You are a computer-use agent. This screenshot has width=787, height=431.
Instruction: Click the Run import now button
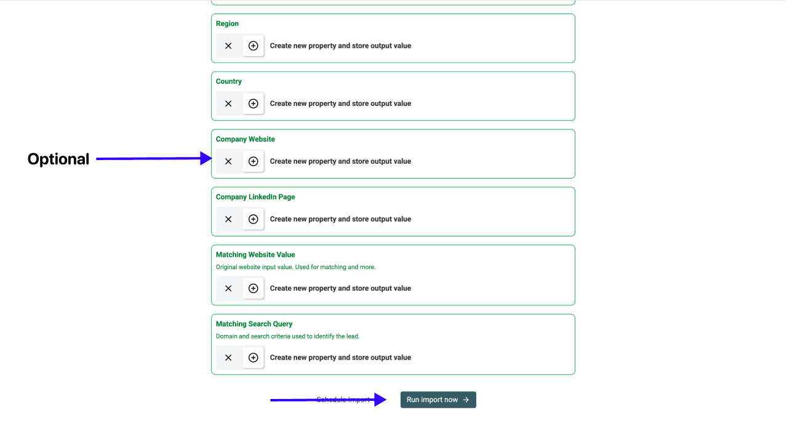coord(438,400)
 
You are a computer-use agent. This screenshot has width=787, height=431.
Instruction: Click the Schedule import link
coord(343,400)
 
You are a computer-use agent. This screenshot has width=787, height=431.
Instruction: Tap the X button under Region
coord(228,46)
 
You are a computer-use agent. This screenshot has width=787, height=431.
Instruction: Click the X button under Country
coord(228,103)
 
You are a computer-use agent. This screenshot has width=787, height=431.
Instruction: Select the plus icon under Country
coord(253,103)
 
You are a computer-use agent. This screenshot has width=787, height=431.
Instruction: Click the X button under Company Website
coord(228,161)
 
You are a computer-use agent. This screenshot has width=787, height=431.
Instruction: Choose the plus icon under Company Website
coord(253,161)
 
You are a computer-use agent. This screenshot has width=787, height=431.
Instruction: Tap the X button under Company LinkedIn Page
coord(228,219)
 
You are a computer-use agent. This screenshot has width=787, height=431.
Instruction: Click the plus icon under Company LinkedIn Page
coord(253,219)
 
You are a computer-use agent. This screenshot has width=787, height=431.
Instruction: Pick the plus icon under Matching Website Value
coord(253,288)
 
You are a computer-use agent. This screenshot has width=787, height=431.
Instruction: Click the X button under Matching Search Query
coord(228,358)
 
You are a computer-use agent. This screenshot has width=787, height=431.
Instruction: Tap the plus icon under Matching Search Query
coord(253,358)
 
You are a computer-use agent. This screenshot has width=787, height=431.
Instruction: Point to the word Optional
coord(58,159)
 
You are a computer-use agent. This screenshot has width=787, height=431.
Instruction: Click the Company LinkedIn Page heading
coord(255,197)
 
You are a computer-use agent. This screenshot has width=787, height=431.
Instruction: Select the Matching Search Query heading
coord(254,324)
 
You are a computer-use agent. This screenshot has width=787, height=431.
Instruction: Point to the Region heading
coord(227,23)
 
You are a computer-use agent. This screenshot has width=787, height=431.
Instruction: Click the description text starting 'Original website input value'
coord(295,267)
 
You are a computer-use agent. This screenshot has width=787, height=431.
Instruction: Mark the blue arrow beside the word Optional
coord(154,159)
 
